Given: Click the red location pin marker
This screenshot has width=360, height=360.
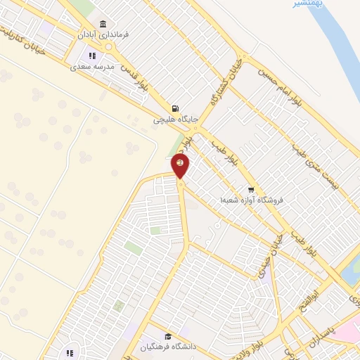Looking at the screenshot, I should click(x=180, y=166).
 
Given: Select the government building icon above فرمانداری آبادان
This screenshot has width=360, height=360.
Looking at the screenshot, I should click(x=103, y=24).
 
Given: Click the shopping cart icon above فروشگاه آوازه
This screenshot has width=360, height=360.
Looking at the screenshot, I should click(x=251, y=190).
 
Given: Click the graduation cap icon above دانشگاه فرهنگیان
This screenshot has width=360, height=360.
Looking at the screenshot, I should click(x=167, y=337).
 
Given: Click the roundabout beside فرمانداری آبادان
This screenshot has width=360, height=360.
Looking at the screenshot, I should click(x=109, y=47).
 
